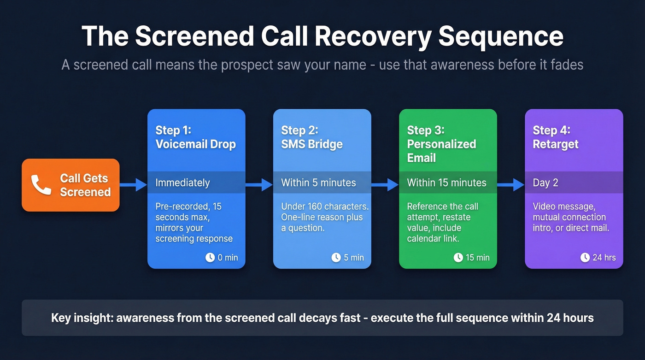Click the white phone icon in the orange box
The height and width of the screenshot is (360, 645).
pyautogui.click(x=41, y=185)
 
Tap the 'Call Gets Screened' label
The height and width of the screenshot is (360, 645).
pyautogui.click(x=85, y=185)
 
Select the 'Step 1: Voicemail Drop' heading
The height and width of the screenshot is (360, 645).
pyautogui.click(x=195, y=137)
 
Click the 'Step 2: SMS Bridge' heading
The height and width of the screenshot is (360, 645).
pyautogui.click(x=312, y=137)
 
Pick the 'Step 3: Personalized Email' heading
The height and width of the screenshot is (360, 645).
pyautogui.click(x=441, y=144)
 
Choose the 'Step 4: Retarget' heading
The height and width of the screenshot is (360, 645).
pyautogui.click(x=556, y=137)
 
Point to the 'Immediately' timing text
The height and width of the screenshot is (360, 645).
pyautogui.click(x=182, y=183)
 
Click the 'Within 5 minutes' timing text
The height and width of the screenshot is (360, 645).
pyautogui.click(x=318, y=183)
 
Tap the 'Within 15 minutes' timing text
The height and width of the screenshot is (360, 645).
pyautogui.click(x=446, y=183)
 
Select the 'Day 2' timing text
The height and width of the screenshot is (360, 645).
pyautogui.click(x=545, y=183)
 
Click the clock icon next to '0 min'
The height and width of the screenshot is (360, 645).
pyautogui.click(x=210, y=257)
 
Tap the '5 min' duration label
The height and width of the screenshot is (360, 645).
pyautogui.click(x=354, y=257)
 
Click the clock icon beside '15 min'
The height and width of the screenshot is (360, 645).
pyautogui.click(x=458, y=257)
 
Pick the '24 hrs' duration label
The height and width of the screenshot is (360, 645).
pyautogui.click(x=604, y=257)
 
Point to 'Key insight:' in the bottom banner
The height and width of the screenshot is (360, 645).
pyautogui.click(x=82, y=318)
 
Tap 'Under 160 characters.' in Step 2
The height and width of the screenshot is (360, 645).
pyautogui.click(x=325, y=206)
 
